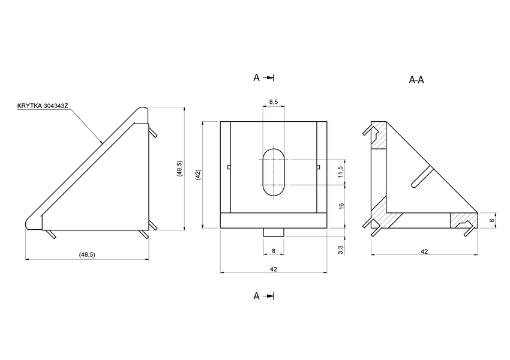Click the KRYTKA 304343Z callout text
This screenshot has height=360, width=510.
click(43, 106)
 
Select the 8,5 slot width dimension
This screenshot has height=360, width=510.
click(274, 103)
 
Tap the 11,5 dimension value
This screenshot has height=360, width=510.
click(340, 172)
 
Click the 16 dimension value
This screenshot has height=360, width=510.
click(340, 206)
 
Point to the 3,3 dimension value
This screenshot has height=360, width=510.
click(340, 249)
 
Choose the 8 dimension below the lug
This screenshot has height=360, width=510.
click(274, 251)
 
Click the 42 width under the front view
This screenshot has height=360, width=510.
click(274, 269)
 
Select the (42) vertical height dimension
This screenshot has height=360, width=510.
click(197, 175)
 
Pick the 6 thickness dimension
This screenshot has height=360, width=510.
click(492, 221)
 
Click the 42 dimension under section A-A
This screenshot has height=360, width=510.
click(424, 251)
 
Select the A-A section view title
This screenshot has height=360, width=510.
click(416, 80)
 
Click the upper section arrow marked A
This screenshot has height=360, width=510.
click(264, 77)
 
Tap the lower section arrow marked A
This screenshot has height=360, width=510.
click(264, 296)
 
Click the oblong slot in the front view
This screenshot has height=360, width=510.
click(274, 172)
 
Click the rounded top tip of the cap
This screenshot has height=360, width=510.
click(143, 112)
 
